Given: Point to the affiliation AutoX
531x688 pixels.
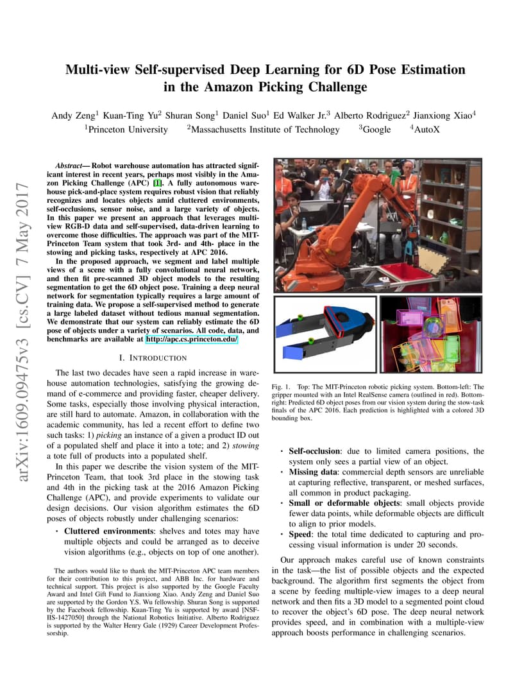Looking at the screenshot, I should (427, 130).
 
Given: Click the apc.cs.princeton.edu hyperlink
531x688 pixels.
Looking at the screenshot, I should (191, 338).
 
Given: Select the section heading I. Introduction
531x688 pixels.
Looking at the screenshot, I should (153, 357).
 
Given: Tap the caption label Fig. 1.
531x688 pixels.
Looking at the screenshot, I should (281, 387).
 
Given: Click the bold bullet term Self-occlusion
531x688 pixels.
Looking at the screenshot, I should (314, 451).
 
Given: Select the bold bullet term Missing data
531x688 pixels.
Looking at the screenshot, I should (312, 472).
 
